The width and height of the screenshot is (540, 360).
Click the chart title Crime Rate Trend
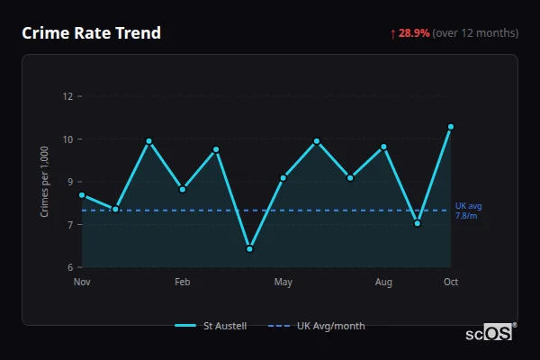click(91, 33)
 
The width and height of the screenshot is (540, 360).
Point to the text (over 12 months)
click(475, 33)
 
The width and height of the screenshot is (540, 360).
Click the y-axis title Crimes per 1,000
click(45, 180)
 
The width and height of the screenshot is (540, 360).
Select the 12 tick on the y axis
click(67, 96)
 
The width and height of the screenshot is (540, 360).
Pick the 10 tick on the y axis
click(67, 139)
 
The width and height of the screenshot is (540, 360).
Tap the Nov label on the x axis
click(82, 283)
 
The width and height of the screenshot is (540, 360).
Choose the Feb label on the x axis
click(183, 283)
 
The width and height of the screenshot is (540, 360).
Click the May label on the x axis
click(283, 283)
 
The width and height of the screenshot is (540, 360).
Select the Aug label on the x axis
click(383, 283)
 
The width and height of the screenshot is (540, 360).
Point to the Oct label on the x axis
click(451, 283)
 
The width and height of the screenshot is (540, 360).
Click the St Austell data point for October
click(451, 127)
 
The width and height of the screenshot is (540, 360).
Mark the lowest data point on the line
click(249, 249)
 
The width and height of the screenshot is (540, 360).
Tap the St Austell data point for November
click(82, 195)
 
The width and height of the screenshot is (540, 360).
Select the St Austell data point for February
click(183, 189)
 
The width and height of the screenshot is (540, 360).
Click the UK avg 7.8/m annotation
click(468, 211)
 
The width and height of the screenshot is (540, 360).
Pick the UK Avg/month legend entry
click(317, 326)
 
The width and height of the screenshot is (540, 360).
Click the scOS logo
click(489, 333)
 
